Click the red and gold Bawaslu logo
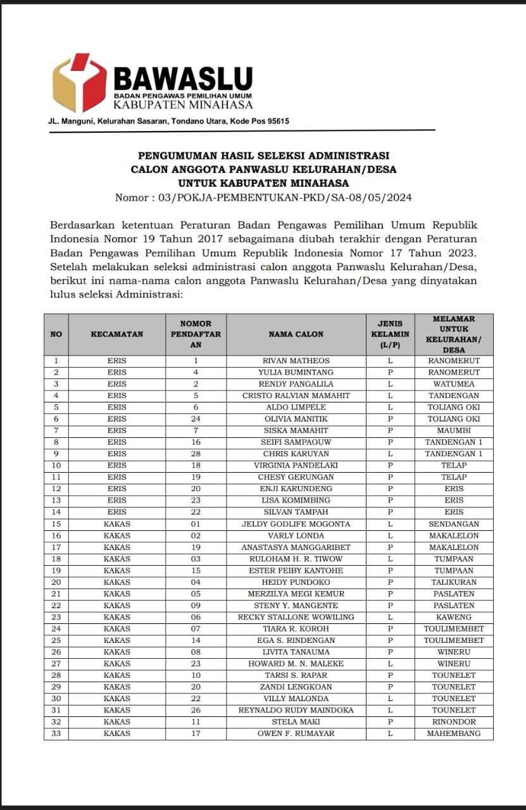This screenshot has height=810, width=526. [79, 83]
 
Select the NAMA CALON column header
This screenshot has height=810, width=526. [296, 334]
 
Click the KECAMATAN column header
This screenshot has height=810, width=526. [117, 334]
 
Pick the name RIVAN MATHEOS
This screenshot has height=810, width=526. [296, 361]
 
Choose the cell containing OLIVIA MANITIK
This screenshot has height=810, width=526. [296, 419]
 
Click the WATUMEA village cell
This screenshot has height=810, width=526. [454, 384]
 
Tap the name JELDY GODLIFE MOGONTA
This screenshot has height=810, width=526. [296, 524]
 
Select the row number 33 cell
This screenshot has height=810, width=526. [56, 733]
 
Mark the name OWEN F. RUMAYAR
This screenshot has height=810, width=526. [296, 733]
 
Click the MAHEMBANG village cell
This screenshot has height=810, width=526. [454, 733]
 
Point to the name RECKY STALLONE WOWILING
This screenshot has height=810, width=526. [296, 617]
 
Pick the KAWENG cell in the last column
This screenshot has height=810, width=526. [454, 617]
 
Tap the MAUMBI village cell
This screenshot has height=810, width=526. [454, 430]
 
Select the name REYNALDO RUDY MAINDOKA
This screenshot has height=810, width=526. [296, 710]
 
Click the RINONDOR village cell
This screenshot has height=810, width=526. [454, 721]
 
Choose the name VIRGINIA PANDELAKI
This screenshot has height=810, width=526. [296, 465]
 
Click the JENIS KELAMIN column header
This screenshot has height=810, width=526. [390, 334]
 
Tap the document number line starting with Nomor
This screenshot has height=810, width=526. [263, 197]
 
